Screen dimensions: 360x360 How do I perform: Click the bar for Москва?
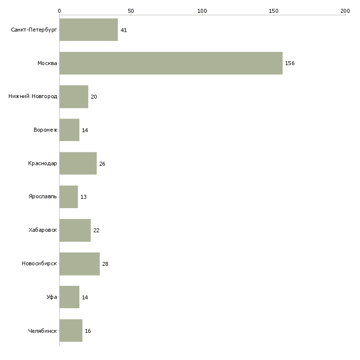tap(171, 63)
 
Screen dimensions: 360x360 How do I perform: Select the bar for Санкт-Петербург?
tap(89, 30)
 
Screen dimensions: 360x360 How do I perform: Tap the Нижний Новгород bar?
tap(74, 97)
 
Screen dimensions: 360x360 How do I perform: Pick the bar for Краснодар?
tap(78, 163)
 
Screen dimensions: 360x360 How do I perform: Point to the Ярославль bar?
tap(69, 197)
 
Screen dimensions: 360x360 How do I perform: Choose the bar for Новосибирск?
tap(80, 264)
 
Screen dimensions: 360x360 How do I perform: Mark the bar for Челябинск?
tap(71, 330)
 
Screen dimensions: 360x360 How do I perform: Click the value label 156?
tap(290, 63)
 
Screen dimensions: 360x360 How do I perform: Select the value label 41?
tap(124, 30)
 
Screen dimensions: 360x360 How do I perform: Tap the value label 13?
tap(83, 197)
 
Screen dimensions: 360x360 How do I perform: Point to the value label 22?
tap(97, 230)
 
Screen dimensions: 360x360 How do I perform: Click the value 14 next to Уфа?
tap(85, 297)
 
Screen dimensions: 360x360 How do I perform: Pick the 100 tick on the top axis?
tap(202, 11)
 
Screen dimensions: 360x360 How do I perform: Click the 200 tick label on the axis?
tap(345, 11)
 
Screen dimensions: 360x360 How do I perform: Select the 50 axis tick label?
tap(131, 11)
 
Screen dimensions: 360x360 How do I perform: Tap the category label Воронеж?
tap(45, 130)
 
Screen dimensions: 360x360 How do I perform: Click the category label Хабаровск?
tap(43, 230)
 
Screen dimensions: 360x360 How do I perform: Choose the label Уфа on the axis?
tap(52, 297)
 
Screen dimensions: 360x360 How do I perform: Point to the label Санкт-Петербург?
tap(34, 30)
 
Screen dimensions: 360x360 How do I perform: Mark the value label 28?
tap(105, 264)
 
